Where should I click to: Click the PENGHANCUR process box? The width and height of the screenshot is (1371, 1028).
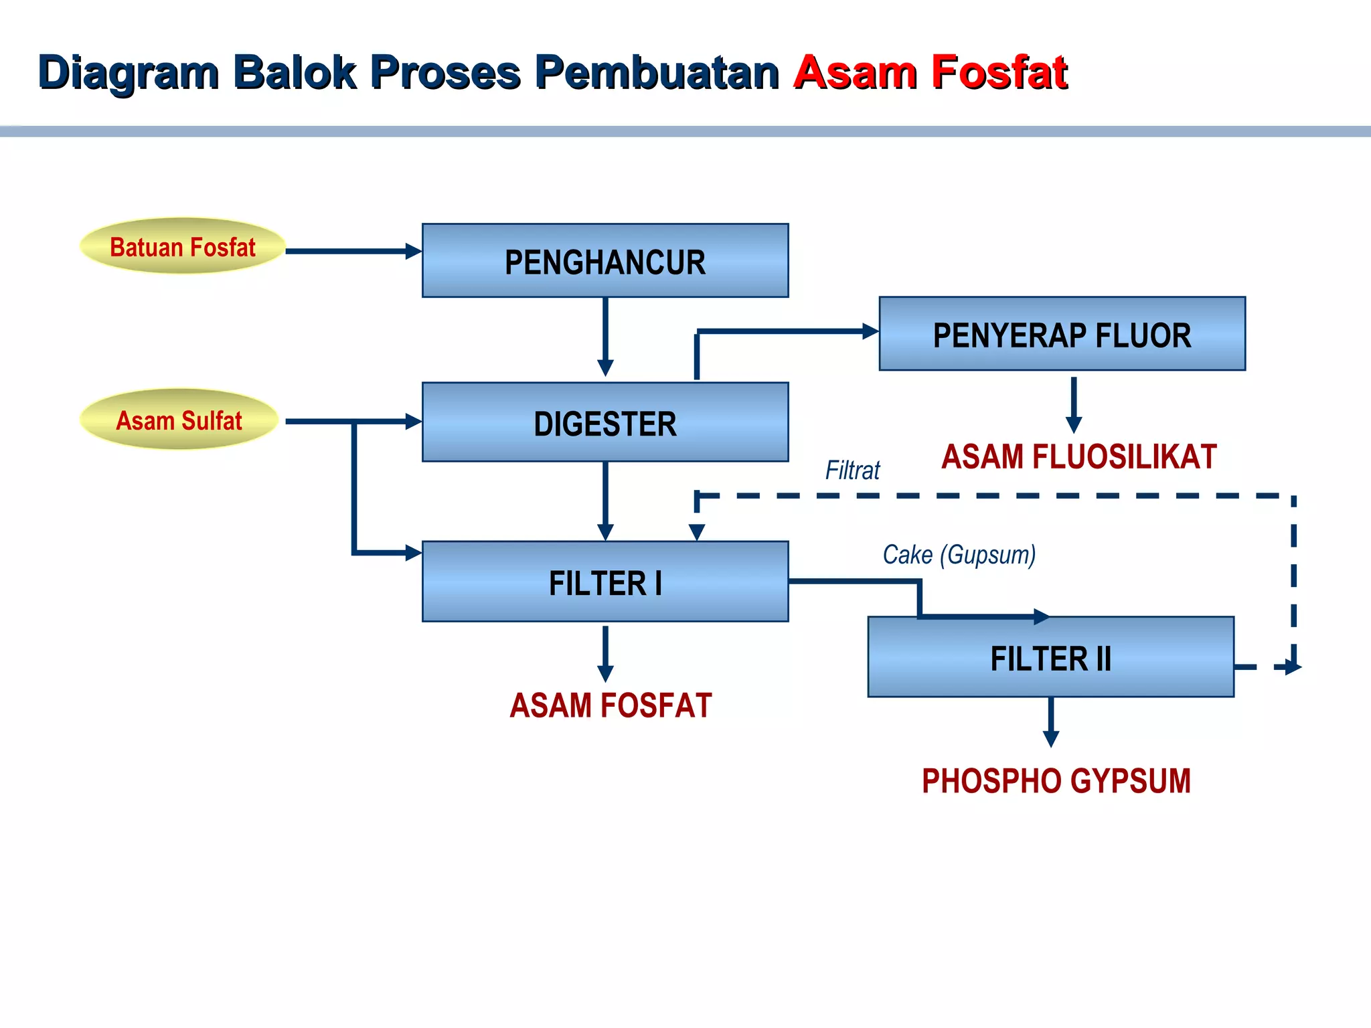pyautogui.click(x=604, y=260)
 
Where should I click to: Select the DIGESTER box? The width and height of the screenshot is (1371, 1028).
pyautogui.click(x=604, y=422)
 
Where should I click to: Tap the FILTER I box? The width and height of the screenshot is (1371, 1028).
pyautogui.click(x=604, y=582)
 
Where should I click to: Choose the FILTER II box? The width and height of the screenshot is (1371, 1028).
pyautogui.click(x=1050, y=657)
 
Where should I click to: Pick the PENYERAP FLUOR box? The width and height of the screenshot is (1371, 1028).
pyautogui.click(x=1062, y=334)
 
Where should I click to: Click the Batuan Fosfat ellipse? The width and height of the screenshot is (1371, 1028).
pyautogui.click(x=182, y=246)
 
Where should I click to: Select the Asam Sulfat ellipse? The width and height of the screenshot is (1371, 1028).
pyautogui.click(x=179, y=420)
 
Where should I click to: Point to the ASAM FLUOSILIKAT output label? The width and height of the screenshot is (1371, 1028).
pyautogui.click(x=1078, y=457)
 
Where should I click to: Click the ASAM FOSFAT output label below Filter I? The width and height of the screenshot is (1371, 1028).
pyautogui.click(x=610, y=705)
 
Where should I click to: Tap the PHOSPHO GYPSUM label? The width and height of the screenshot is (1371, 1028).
pyautogui.click(x=1056, y=780)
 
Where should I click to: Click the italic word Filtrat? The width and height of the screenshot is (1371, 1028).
pyautogui.click(x=852, y=470)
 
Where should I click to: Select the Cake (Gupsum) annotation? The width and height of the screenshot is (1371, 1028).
pyautogui.click(x=959, y=554)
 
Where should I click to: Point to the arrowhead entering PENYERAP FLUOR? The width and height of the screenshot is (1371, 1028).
pyautogui.click(x=870, y=331)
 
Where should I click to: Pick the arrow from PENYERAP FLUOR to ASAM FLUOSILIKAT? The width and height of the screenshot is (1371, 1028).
pyautogui.click(x=1073, y=405)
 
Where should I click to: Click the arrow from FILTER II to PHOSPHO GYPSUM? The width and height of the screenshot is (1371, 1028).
pyautogui.click(x=1051, y=721)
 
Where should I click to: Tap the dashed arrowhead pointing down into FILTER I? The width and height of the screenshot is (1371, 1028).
pyautogui.click(x=697, y=532)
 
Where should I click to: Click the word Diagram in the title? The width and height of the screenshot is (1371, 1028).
pyautogui.click(x=129, y=72)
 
